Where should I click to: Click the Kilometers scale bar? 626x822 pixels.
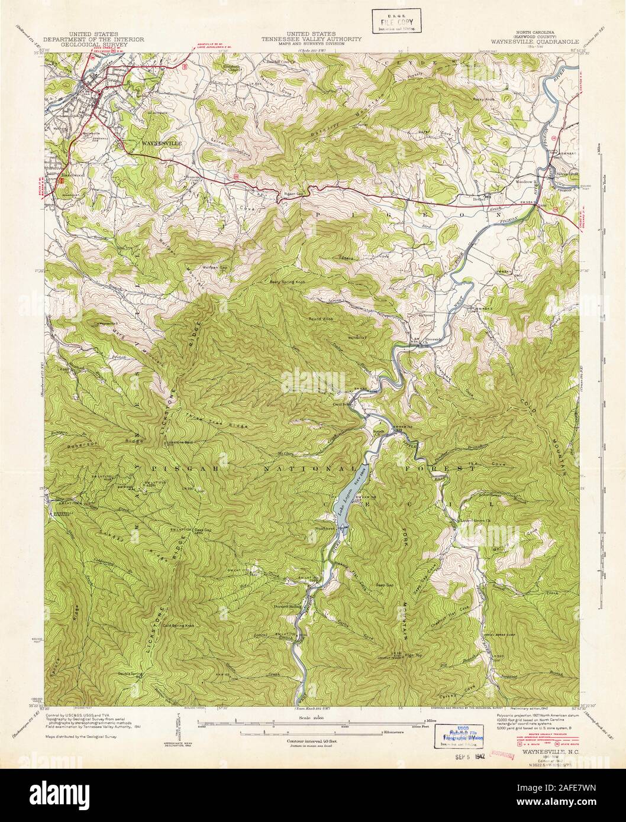tap(320, 732)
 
